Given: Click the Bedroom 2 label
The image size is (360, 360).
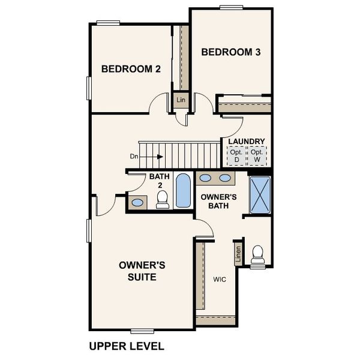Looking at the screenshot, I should coord(131,69).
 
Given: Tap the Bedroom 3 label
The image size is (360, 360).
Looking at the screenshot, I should coord(231,52).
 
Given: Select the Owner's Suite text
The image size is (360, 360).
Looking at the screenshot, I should coord(137,271).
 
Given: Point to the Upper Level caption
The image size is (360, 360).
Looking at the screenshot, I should coord(126,346).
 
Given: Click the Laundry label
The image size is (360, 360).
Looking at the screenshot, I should coord(246,142).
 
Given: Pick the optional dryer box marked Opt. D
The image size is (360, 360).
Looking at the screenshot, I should coord(236,156).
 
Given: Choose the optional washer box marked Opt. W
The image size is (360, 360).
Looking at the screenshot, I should coord(257,156).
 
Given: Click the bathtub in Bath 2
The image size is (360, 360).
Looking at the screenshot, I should coord(182,191).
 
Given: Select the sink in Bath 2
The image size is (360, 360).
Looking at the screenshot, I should coord(137,203).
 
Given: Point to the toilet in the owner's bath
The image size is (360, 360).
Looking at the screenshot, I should coord(258,254).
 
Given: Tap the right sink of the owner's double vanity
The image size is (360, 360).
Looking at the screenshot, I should coord(225,178).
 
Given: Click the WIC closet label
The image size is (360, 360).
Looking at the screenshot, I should coord(219,279).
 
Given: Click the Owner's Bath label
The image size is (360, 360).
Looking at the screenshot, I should coord(217,202).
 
